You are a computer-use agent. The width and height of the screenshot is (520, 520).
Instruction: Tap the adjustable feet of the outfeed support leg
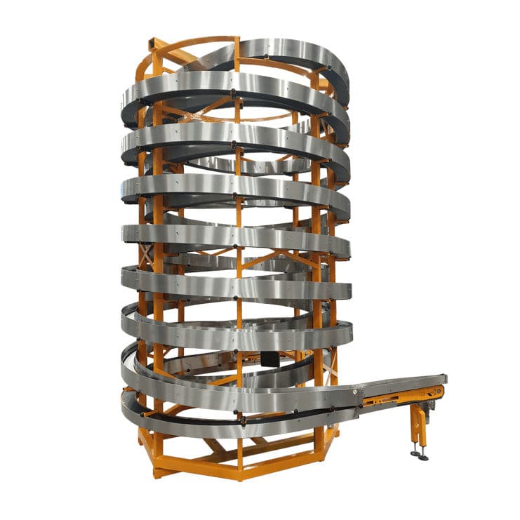click(x=419, y=454)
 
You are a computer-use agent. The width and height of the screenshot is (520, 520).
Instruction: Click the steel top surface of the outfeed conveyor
click(x=404, y=384)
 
